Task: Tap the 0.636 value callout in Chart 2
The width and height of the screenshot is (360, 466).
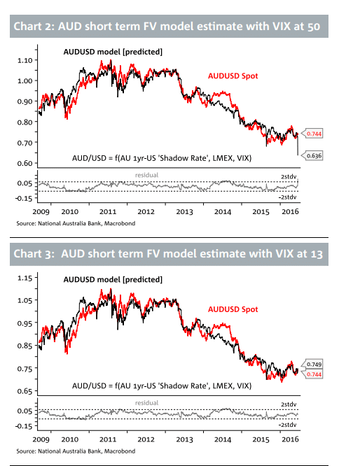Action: click(x=314, y=156)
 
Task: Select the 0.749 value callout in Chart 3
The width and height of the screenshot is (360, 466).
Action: click(x=314, y=364)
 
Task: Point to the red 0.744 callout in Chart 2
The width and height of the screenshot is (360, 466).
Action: click(x=314, y=134)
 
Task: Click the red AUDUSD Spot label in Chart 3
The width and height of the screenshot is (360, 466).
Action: click(x=233, y=309)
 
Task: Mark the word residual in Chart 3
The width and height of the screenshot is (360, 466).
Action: click(x=146, y=402)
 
